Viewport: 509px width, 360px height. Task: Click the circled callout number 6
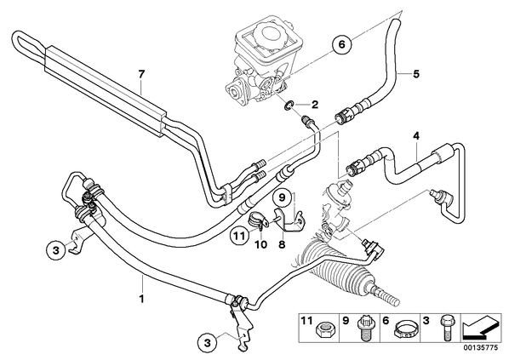[x=342, y=43]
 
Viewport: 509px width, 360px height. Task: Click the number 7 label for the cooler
[x=140, y=74]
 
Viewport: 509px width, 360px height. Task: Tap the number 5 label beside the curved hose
[x=416, y=74]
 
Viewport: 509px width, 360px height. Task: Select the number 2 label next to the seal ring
[x=315, y=105]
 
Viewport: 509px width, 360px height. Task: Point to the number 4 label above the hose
[x=416, y=135]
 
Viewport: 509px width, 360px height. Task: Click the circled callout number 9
[x=282, y=197]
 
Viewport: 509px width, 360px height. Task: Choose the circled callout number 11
[x=239, y=237]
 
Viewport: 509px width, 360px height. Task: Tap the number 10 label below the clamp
[x=261, y=244]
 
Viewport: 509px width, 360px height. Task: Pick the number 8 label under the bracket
[x=282, y=244]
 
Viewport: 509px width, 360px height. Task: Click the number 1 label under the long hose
[x=141, y=298]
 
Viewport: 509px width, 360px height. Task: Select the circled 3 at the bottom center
[x=208, y=342]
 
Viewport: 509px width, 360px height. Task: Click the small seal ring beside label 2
[x=289, y=106]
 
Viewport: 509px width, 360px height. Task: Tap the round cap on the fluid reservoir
[x=269, y=34]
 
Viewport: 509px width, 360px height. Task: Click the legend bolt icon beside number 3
[x=444, y=327]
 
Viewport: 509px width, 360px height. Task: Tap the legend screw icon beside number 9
[x=363, y=328]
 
